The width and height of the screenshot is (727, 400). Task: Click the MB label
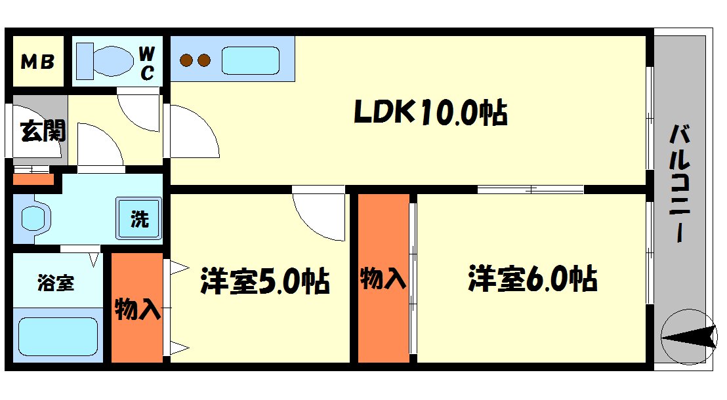(37, 63)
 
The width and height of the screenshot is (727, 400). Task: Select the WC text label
(147, 62)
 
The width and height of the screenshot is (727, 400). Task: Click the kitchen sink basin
(251, 60)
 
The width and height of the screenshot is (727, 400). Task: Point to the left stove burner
(187, 61)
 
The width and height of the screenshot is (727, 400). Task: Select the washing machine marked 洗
(138, 218)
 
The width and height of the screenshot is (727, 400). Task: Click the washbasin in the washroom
(33, 218)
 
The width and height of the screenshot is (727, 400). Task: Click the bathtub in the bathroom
(58, 336)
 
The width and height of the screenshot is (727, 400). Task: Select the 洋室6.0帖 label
(532, 279)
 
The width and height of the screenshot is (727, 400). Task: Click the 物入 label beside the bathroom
(137, 309)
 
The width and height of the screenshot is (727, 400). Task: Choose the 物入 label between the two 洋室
(383, 279)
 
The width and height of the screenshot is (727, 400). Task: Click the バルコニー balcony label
(680, 184)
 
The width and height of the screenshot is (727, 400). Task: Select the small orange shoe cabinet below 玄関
(33, 180)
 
